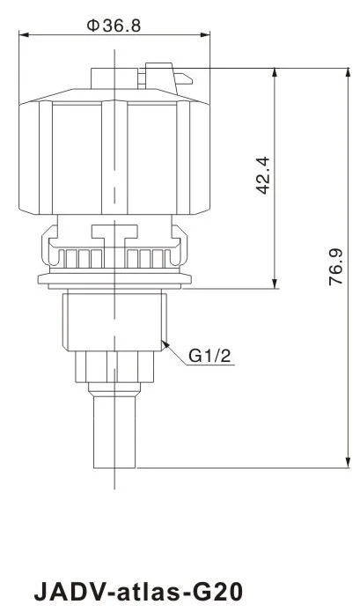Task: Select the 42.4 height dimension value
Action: pyautogui.click(x=261, y=177)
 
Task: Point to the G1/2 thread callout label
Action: pyautogui.click(x=210, y=356)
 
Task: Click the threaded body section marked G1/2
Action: pyautogui.click(x=114, y=321)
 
